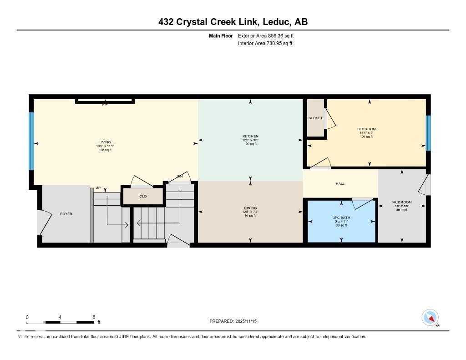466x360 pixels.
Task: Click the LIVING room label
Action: pyautogui.click(x=105, y=142)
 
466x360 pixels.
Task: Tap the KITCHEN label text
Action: pyautogui.click(x=250, y=136)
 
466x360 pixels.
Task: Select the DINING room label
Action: pyautogui.click(x=250, y=208)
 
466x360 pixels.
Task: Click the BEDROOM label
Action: pyautogui.click(x=366, y=129)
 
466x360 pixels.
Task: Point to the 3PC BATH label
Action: pyautogui.click(x=340, y=218)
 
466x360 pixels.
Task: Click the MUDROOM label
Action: pyautogui.click(x=402, y=202)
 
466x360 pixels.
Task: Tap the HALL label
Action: pyautogui.click(x=340, y=183)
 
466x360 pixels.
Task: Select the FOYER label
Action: pyautogui.click(x=66, y=213)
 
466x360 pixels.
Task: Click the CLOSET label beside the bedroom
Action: pyautogui.click(x=315, y=118)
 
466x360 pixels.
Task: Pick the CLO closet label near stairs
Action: pyautogui.click(x=143, y=196)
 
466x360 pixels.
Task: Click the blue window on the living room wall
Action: pyautogui.click(x=31, y=141)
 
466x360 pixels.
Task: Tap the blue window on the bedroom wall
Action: pyautogui.click(x=428, y=132)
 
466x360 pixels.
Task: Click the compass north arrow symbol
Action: pyautogui.click(x=430, y=317)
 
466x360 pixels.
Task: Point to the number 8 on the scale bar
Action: pyautogui.click(x=93, y=317)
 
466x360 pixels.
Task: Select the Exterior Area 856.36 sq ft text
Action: pyautogui.click(x=265, y=35)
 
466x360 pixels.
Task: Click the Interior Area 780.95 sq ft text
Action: pyautogui.click(x=265, y=44)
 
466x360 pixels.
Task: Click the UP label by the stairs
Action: pyautogui.click(x=98, y=188)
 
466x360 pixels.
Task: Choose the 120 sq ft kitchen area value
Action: pyautogui.click(x=250, y=144)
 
